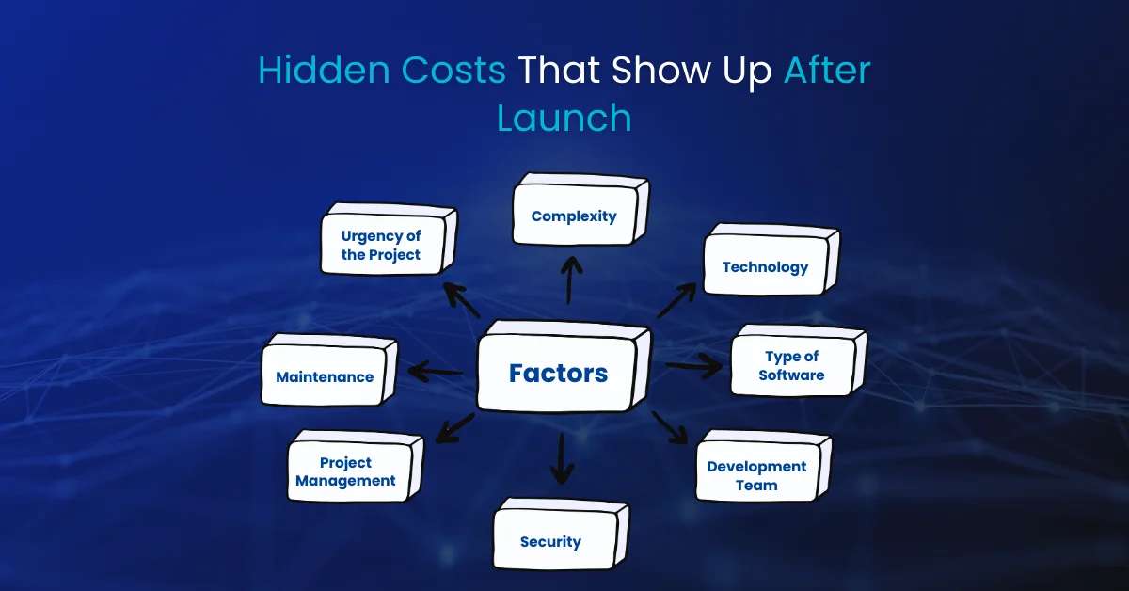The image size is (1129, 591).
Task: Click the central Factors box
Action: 564,367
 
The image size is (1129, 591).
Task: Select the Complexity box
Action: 581,209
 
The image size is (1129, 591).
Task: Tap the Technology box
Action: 771,260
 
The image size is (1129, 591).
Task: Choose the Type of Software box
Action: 799,360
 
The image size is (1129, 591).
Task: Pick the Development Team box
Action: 764,466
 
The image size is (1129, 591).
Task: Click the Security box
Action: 561,534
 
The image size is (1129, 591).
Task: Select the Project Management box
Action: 356,466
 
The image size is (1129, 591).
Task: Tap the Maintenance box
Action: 329,370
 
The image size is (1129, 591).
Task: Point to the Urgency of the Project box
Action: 390,239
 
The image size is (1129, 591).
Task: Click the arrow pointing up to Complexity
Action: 570,280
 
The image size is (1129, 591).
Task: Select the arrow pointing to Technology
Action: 676,300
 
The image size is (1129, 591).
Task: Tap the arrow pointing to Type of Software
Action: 693,365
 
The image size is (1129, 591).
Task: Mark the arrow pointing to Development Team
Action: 670,427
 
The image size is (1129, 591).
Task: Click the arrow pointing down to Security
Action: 562,458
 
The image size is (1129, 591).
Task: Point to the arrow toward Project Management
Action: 454,428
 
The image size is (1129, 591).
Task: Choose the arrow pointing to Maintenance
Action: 435,372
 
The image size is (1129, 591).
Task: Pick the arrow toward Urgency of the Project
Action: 462,300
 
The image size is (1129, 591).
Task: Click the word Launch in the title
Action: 564,118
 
